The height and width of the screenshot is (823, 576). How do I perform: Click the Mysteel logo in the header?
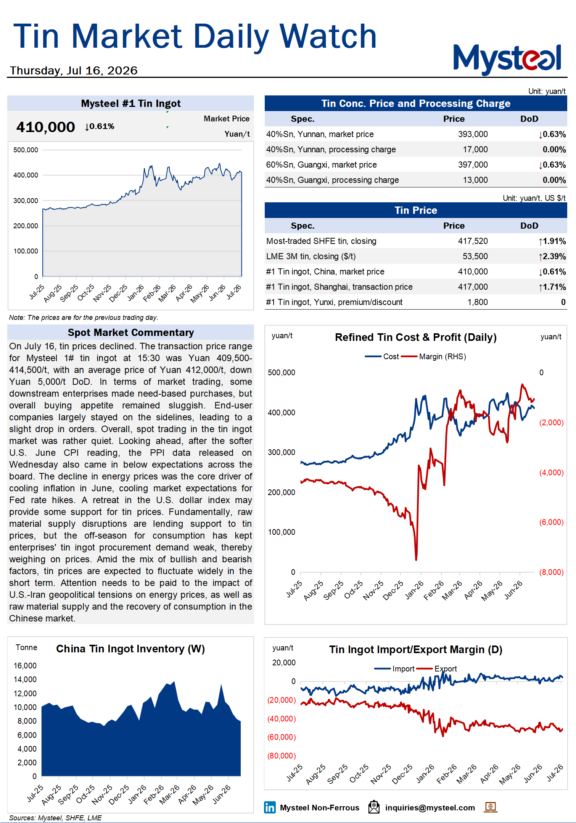(507, 59)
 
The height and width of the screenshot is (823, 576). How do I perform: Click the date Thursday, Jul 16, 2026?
(74, 71)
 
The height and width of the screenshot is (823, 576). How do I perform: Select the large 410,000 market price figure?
(45, 127)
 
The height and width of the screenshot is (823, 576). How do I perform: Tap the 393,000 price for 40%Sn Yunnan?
(473, 134)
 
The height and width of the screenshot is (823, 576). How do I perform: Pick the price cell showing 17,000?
(475, 150)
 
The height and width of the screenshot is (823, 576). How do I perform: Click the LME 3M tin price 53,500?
(475, 257)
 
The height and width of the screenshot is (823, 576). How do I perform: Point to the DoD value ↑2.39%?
(552, 257)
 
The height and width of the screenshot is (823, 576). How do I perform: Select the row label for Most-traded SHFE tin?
(321, 241)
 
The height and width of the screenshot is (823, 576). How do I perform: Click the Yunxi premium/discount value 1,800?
(478, 302)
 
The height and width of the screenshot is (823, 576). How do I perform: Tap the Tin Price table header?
(416, 210)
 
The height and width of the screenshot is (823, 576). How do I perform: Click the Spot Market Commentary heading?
(130, 332)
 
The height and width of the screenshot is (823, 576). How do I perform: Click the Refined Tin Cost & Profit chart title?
(416, 337)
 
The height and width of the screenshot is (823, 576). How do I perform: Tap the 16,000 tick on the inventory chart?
(25, 666)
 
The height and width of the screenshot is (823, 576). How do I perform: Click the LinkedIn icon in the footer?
(270, 807)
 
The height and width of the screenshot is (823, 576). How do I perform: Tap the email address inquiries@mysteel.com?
(430, 808)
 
